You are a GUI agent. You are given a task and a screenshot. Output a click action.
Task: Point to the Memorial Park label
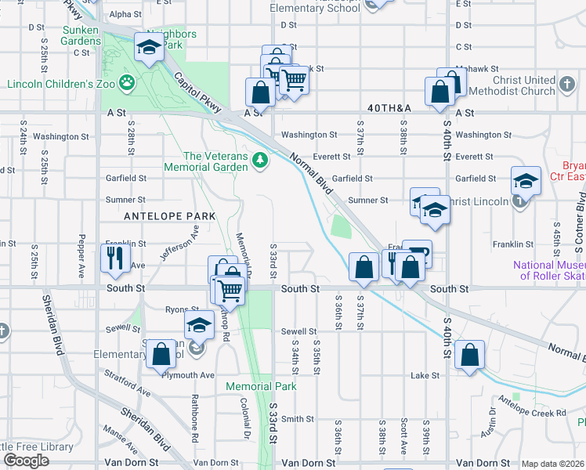[261, 386]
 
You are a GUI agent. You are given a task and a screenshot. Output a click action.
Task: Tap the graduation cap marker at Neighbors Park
[147, 48]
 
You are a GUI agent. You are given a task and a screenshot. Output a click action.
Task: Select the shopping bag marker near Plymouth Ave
[161, 354]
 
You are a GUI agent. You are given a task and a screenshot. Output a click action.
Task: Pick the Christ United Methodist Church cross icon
[567, 82]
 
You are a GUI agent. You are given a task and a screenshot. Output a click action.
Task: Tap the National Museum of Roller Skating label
[549, 270]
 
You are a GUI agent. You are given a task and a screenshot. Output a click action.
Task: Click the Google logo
[27, 461]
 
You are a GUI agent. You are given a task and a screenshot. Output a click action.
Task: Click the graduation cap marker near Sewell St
[199, 325]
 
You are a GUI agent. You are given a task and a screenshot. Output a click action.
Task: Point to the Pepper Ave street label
[81, 255]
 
